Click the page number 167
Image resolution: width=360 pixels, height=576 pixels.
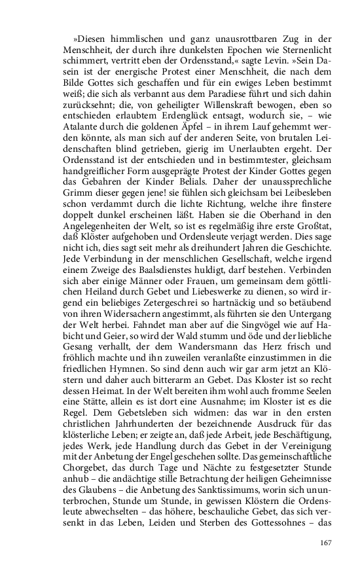327,542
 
